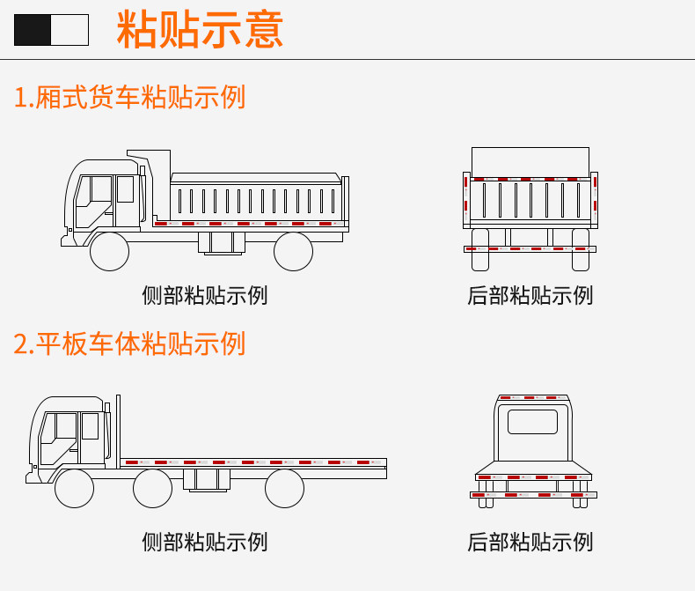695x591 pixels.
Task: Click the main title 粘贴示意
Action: [x=200, y=30]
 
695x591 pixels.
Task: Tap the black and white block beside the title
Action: [x=51, y=30]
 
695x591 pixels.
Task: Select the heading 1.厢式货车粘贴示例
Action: [x=129, y=97]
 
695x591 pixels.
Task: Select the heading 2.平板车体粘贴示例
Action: [x=129, y=344]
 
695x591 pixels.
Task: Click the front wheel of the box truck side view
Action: [x=110, y=251]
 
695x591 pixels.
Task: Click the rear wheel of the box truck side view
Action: [x=293, y=251]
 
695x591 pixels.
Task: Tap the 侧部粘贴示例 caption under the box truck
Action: [x=204, y=295]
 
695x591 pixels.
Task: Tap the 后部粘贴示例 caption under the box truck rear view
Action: [x=530, y=295]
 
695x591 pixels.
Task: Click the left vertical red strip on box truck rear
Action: [x=466, y=194]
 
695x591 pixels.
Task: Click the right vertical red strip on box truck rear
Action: [x=594, y=194]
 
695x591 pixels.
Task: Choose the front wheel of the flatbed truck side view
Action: [x=74, y=488]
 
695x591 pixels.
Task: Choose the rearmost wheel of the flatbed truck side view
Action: [x=284, y=488]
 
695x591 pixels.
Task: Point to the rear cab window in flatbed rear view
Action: [x=532, y=422]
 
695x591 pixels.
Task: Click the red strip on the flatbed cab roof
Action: [x=532, y=398]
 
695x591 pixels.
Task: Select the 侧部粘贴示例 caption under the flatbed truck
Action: [x=204, y=541]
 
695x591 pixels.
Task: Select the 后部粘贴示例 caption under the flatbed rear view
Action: [x=530, y=541]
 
